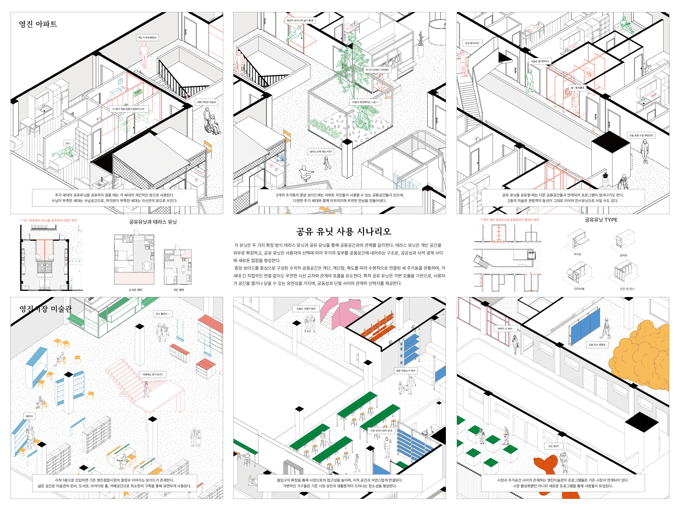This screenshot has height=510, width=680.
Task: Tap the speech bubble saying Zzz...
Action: click(68, 143)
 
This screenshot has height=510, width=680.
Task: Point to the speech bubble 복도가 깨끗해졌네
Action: click(147, 37)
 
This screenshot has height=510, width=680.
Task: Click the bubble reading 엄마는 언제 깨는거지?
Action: click(321, 151)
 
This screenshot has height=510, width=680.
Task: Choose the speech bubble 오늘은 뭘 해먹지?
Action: click(540, 61)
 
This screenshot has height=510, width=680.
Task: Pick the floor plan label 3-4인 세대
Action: click(135, 290)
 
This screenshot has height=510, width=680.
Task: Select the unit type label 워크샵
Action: click(577, 254)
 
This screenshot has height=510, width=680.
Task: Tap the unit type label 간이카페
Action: click(579, 289)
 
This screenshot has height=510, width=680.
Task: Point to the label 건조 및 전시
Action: click(627, 289)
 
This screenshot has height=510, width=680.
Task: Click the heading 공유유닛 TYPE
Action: click(601, 220)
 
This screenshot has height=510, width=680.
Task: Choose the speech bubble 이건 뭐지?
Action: click(553, 446)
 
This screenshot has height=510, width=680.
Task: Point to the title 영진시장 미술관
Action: click(46, 309)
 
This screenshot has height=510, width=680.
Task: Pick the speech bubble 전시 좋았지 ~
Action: click(162, 314)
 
